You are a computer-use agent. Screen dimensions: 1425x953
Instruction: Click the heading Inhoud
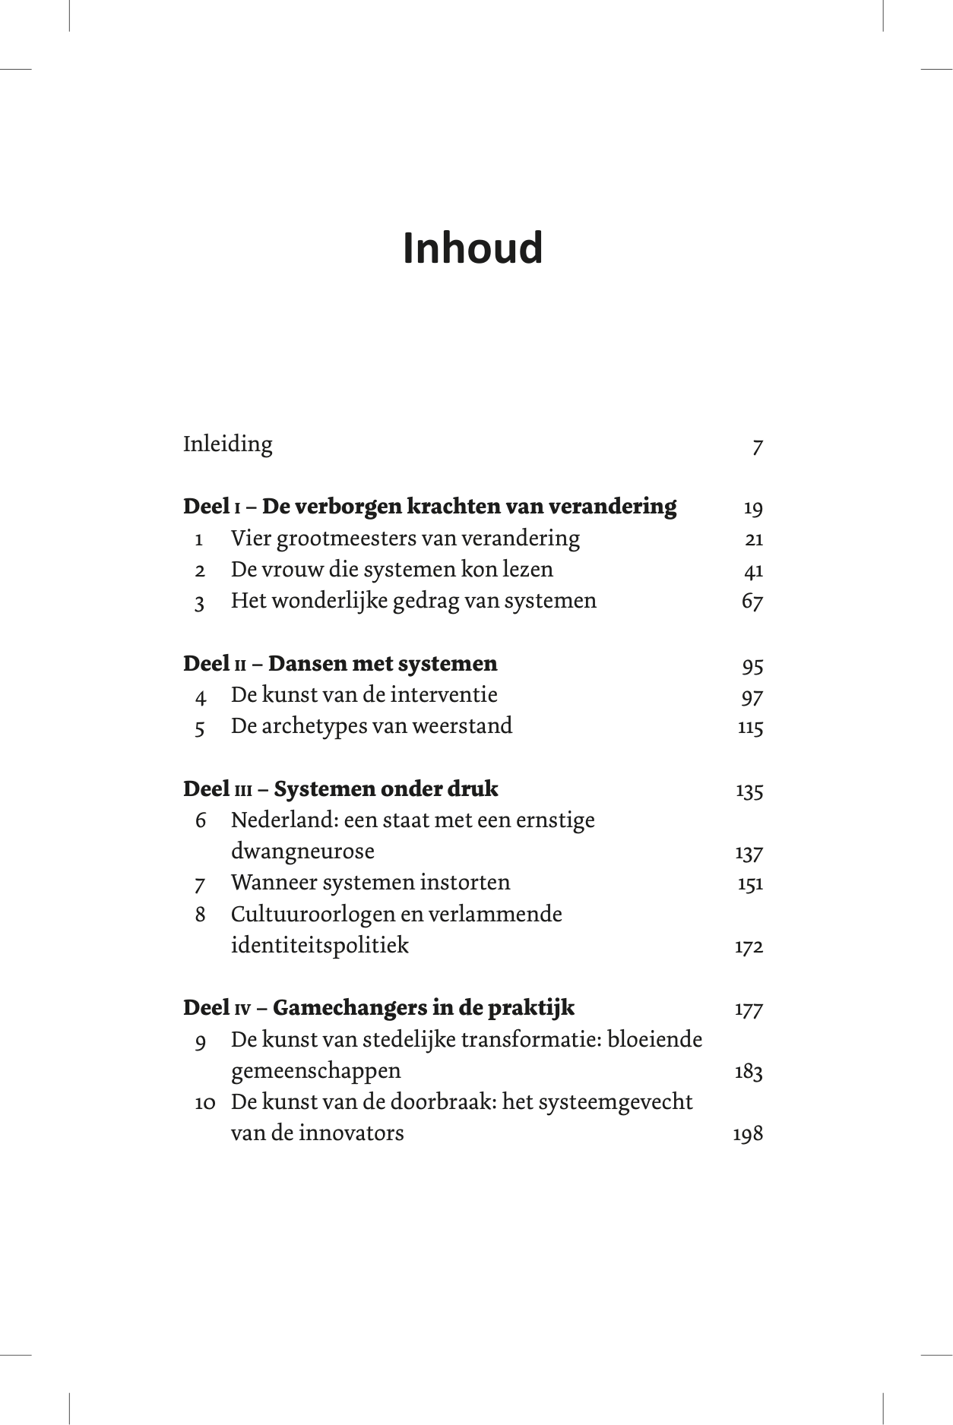point(473,248)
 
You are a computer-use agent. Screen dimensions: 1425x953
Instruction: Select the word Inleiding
point(227,444)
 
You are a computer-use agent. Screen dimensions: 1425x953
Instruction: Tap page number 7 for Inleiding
point(757,447)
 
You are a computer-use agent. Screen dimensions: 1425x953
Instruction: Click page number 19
point(752,508)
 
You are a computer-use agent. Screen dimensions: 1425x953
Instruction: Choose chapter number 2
point(200,570)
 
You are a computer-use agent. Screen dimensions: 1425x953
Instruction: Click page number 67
point(752,602)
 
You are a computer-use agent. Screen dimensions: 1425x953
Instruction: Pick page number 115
point(750,727)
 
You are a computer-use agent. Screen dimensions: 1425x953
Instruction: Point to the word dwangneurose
point(302,852)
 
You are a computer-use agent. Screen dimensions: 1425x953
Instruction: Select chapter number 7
point(200,884)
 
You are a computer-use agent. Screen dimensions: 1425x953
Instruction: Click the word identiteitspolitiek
point(320,946)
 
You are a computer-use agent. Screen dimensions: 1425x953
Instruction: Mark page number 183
point(749,1072)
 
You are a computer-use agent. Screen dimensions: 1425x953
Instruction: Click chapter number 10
point(205,1103)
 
